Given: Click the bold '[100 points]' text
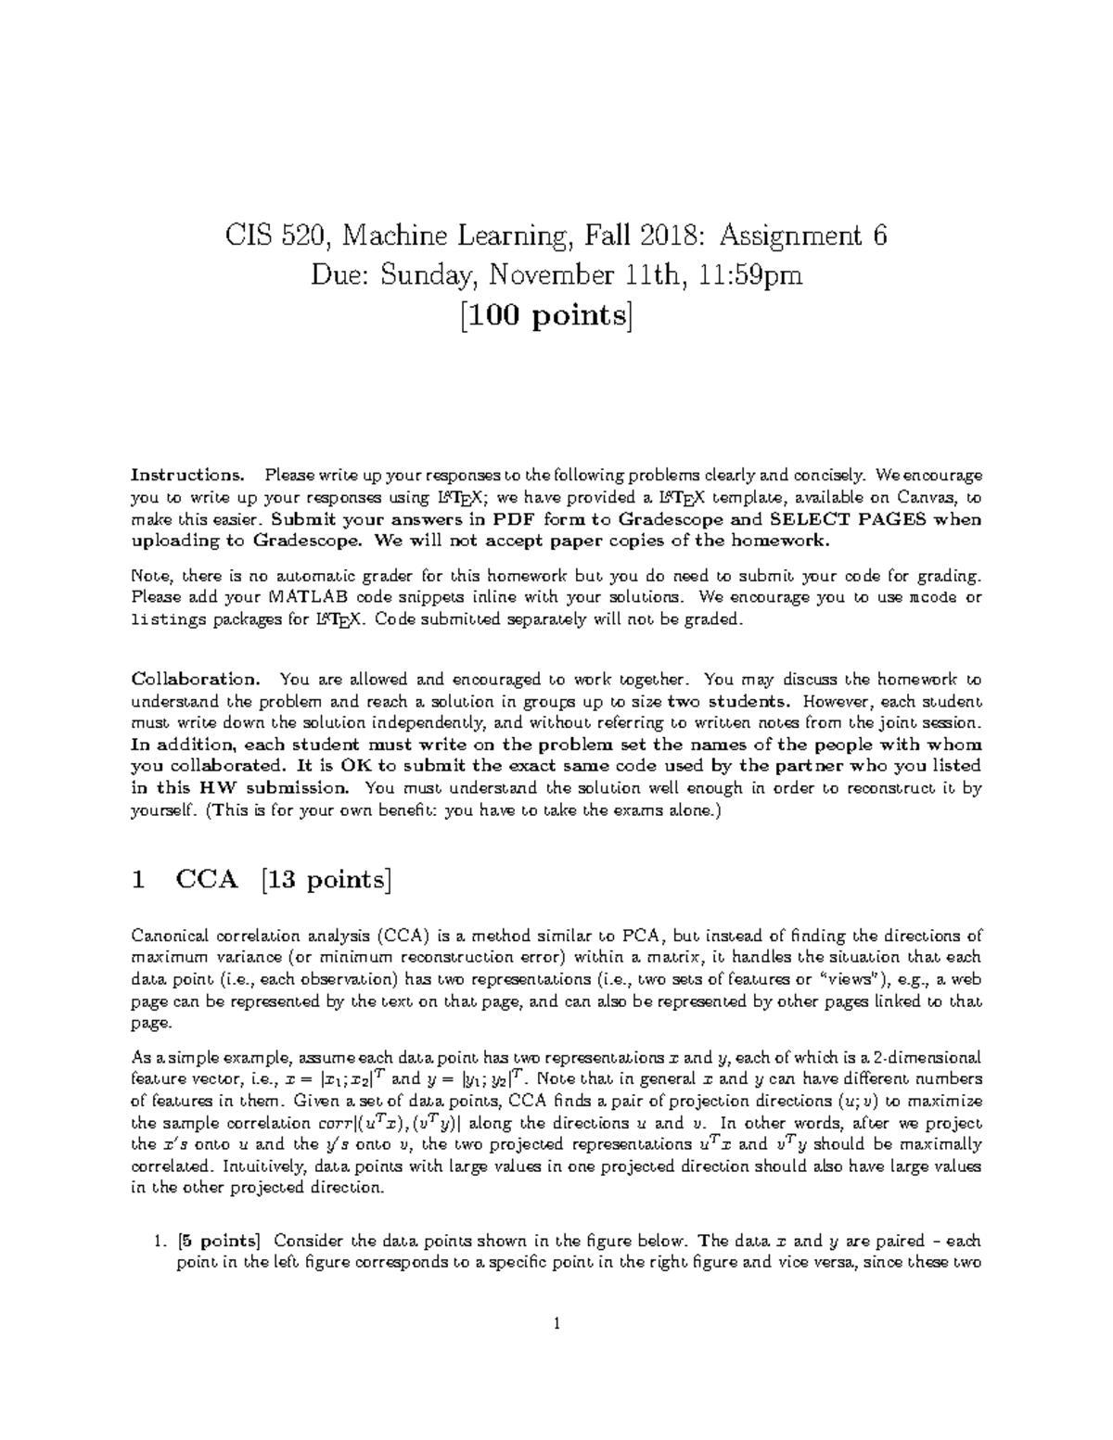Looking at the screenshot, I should point(556,316).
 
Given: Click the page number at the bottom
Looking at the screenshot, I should point(556,1324).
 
